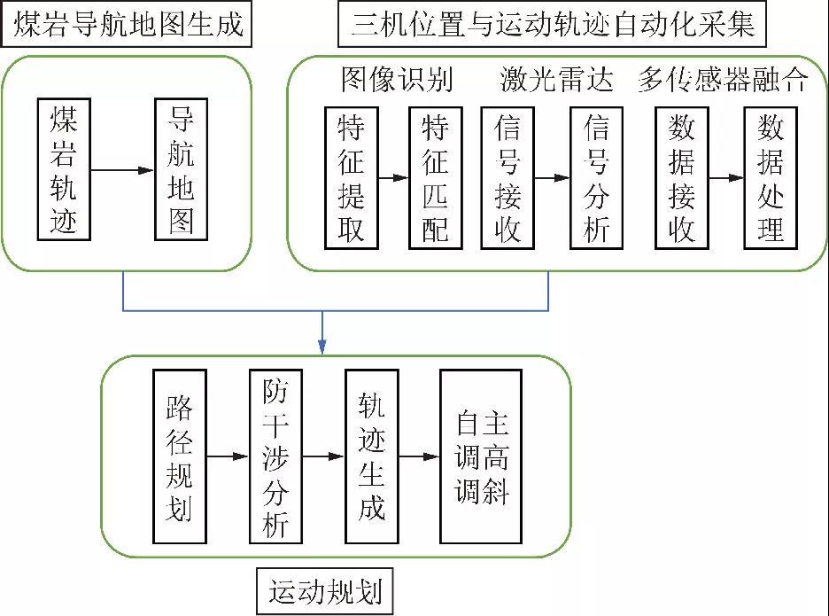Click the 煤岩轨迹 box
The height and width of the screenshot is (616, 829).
tap(64, 168)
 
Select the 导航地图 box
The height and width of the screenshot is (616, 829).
tap(181, 168)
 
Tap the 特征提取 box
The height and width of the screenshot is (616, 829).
tap(351, 177)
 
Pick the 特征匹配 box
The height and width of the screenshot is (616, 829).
tap(435, 177)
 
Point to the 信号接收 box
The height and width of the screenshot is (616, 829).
tap(507, 177)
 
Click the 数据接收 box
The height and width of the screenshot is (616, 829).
tap(681, 177)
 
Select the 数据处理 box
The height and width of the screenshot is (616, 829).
tap(771, 177)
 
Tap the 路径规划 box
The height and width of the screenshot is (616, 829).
tap(179, 457)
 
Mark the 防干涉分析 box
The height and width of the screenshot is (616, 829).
tap(275, 457)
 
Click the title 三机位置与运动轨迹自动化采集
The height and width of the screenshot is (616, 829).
tap(553, 26)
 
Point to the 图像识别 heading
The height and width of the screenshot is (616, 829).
tap(397, 81)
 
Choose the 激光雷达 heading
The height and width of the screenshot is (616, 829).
tap(556, 81)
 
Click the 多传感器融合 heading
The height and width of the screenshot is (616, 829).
tap(723, 81)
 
